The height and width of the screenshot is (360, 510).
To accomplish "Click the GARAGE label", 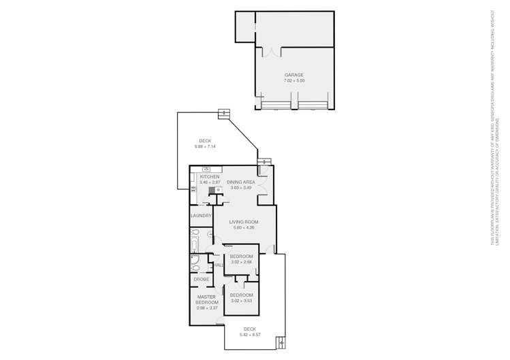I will click(294, 75).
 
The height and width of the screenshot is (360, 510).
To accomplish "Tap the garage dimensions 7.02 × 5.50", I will click(294, 81).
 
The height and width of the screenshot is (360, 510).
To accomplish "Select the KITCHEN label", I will click(210, 177).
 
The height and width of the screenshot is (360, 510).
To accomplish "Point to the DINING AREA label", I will click(241, 182).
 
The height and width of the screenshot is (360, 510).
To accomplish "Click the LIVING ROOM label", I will click(244, 222).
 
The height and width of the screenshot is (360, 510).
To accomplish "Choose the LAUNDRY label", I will click(201, 216).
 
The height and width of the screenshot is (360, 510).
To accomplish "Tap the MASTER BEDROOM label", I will click(206, 299).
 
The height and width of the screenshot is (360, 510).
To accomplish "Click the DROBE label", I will click(202, 279).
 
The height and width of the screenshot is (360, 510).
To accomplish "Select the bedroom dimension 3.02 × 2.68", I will click(241, 262).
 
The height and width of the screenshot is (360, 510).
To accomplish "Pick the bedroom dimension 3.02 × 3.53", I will click(241, 301).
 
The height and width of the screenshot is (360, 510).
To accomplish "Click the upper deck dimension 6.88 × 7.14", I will click(205, 147).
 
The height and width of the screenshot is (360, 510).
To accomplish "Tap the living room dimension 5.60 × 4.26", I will click(244, 228).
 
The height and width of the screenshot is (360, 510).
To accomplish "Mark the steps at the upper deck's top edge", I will click(223, 113).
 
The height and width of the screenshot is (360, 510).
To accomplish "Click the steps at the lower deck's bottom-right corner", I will click(280, 343).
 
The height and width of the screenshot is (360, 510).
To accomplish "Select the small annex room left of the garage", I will click(244, 27).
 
